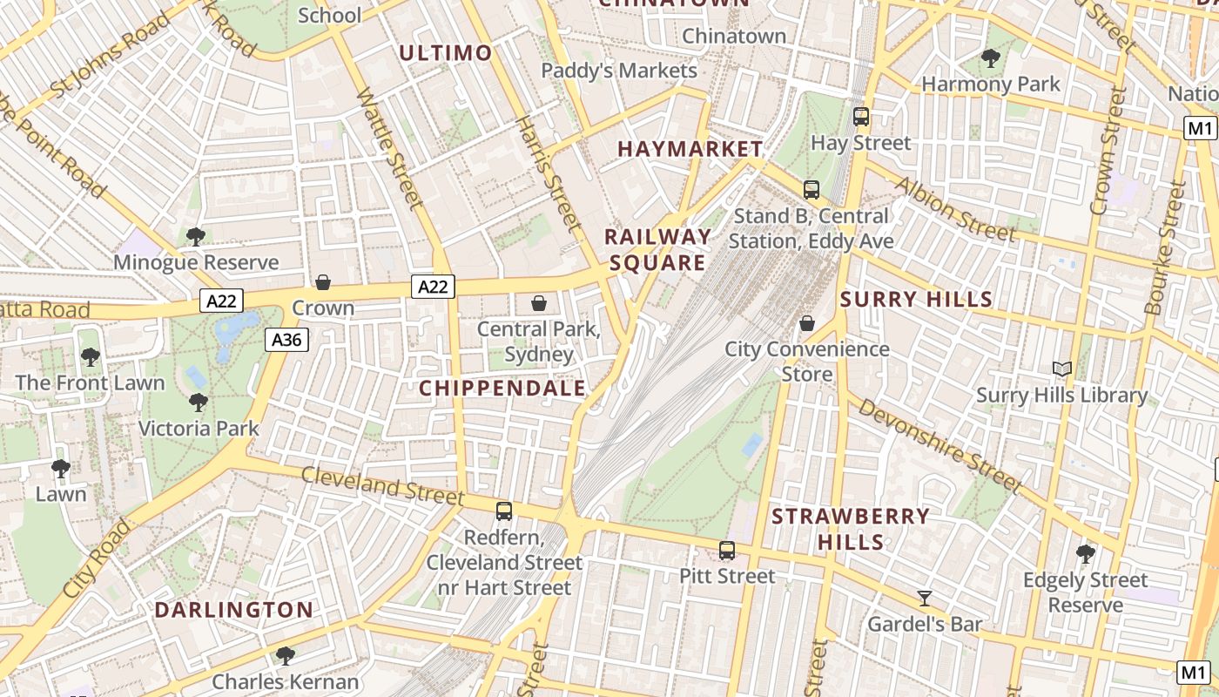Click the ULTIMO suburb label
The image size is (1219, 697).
point(446,53)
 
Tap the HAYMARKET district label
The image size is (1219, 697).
point(690,149)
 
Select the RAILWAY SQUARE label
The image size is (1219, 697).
point(657,250)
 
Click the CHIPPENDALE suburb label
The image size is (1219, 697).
point(502,389)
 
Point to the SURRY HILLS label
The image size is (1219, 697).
point(916,300)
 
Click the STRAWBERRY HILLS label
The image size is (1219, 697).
point(851,529)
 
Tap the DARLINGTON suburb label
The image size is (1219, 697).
point(233,610)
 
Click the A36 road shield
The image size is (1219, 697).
point(286,340)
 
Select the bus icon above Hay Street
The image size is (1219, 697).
point(861,116)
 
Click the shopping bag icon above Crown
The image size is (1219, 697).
point(323,282)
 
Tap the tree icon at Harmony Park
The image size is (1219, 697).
point(990,58)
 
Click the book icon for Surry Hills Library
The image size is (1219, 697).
point(1061,369)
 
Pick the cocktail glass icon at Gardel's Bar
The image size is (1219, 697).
point(925,599)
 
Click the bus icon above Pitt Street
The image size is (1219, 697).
point(727,551)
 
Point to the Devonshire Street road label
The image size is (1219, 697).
point(940,444)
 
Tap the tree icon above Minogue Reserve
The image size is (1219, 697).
point(196,236)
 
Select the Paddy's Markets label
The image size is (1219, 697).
point(619,71)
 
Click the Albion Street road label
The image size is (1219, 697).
point(953,209)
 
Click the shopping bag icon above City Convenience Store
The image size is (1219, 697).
point(807,323)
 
